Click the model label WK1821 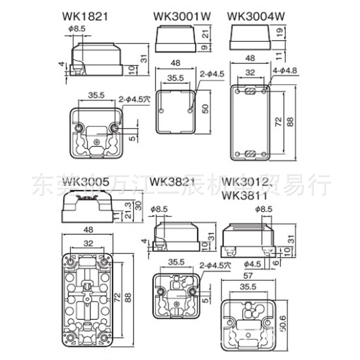[x=85, y=17]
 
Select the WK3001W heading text [x=182, y=17]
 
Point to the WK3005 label [x=85, y=182]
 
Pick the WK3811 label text [x=245, y=197]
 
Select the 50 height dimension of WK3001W [x=206, y=109]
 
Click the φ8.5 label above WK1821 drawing [x=77, y=28]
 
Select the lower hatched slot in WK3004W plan [x=250, y=153]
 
